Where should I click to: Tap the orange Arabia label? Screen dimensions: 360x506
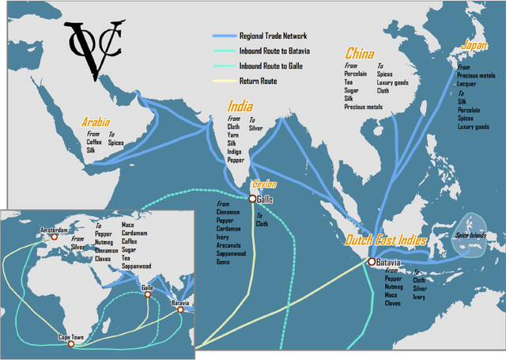pyautogui.click(x=101, y=123)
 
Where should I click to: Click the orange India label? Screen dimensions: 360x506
pyautogui.click(x=240, y=107)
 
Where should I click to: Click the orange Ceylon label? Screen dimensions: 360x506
pyautogui.click(x=263, y=184)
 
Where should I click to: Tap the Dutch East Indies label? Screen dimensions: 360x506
pyautogui.click(x=386, y=241)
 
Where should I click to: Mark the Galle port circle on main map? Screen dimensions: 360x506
pyautogui.click(x=252, y=199)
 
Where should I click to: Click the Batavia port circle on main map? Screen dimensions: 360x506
pyautogui.click(x=372, y=262)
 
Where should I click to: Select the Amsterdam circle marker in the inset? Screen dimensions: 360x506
pyautogui.click(x=55, y=236)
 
